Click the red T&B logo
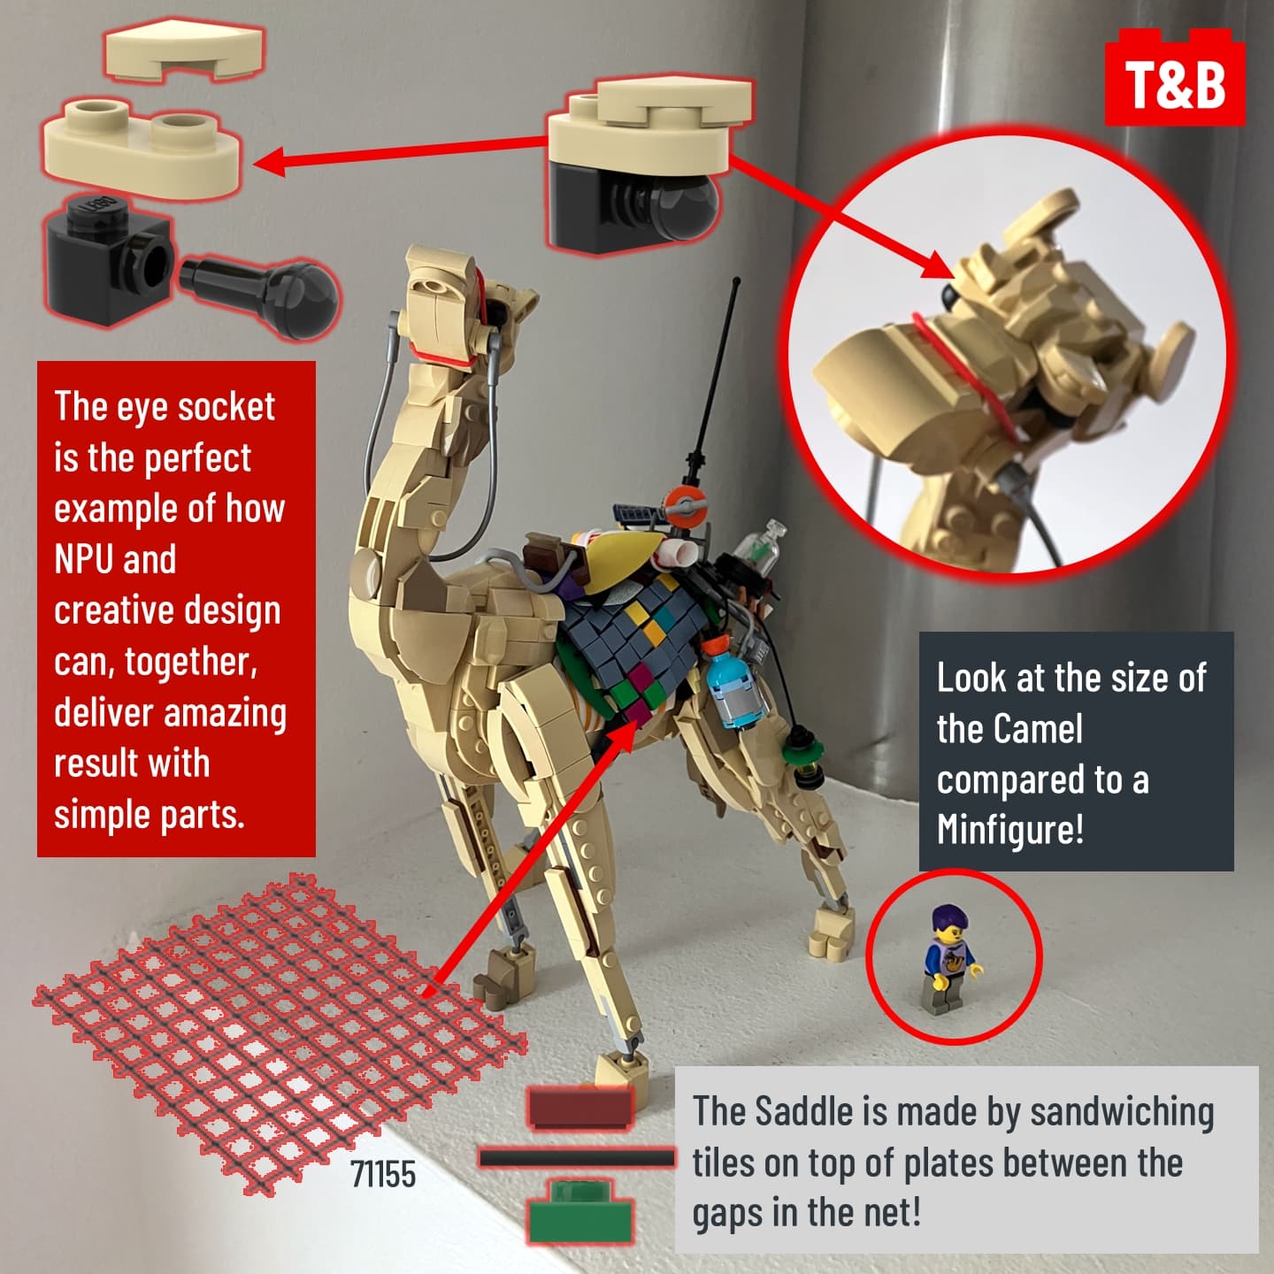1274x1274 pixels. (1175, 78)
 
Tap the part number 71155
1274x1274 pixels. (383, 1175)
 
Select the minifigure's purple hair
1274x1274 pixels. (949, 917)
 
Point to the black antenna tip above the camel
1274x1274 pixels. (736, 282)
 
